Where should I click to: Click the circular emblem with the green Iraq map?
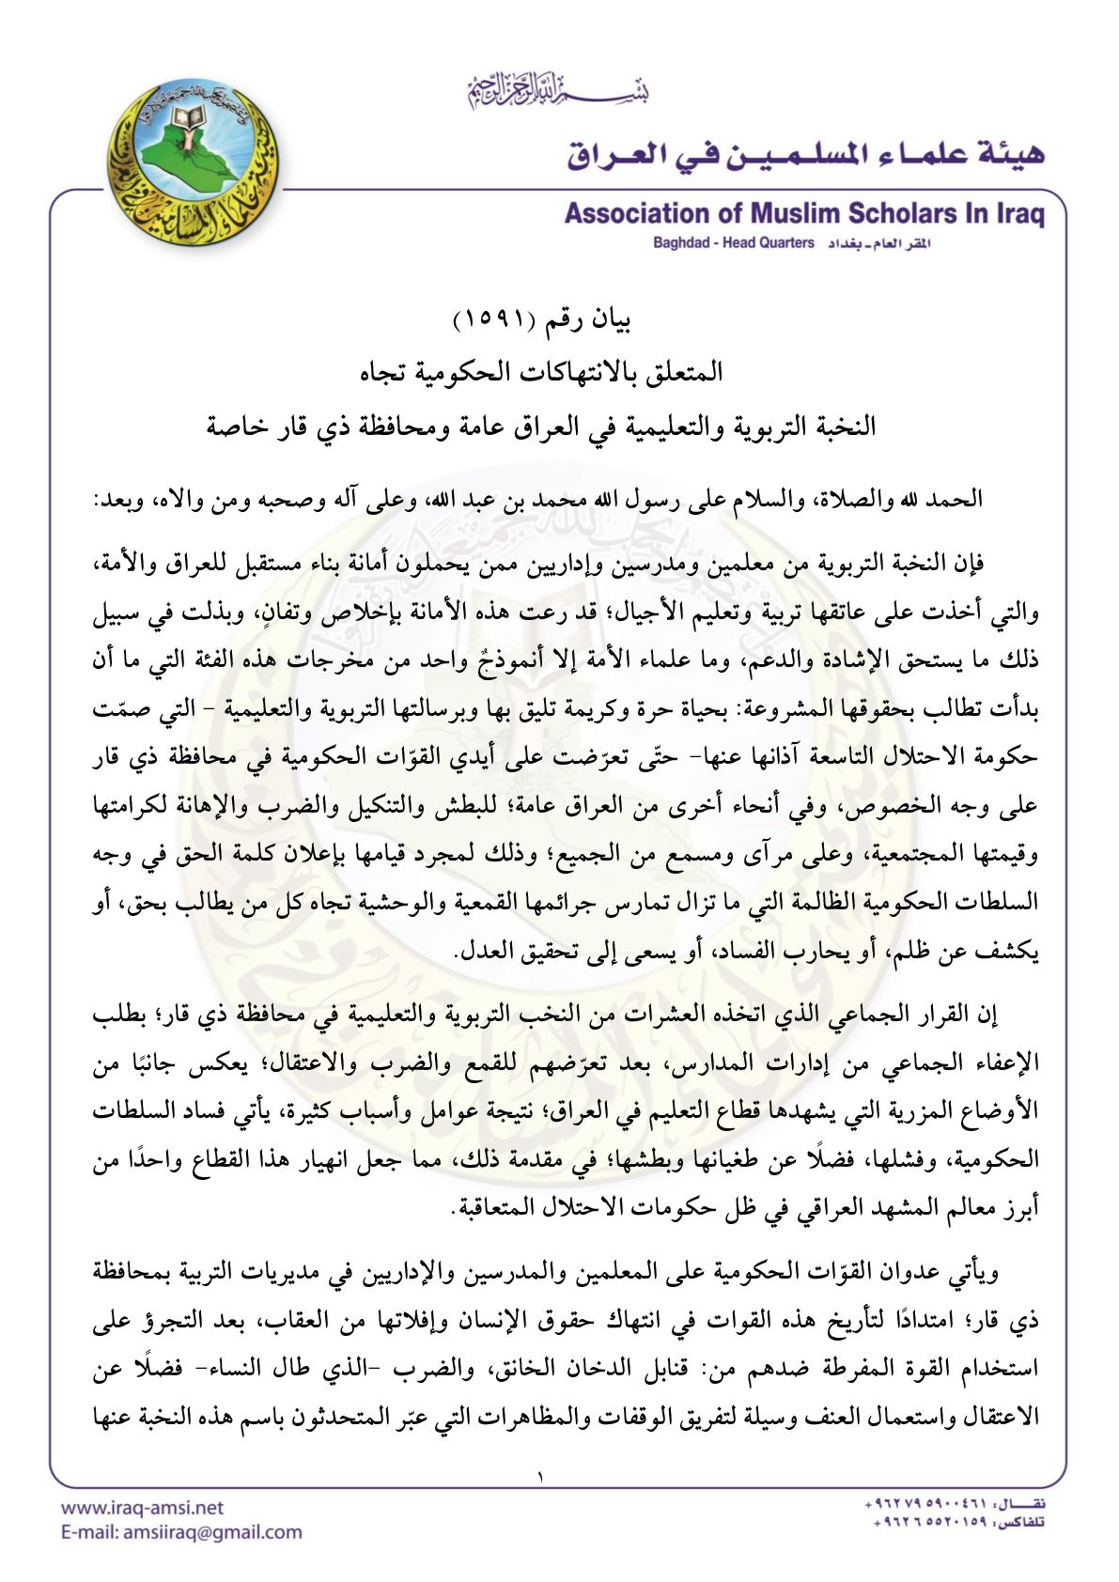[194, 163]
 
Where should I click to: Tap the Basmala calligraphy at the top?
[558, 90]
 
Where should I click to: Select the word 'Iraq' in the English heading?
[1018, 214]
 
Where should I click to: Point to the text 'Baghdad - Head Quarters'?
[734, 243]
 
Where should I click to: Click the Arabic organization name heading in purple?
[805, 153]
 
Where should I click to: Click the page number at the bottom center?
[540, 1478]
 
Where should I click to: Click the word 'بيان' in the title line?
[609, 320]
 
